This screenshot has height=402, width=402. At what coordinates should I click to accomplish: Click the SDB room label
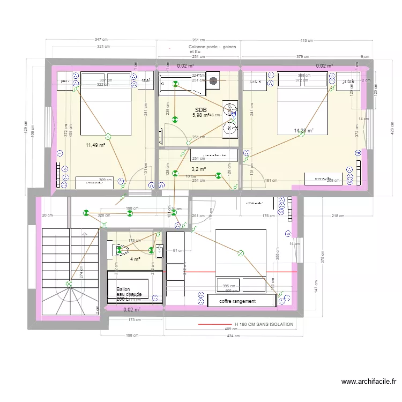point(200,110)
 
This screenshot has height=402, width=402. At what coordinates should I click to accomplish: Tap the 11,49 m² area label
point(95,145)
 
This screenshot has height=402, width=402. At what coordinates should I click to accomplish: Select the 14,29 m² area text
point(303,130)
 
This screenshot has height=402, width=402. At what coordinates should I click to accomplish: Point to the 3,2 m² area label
point(199,169)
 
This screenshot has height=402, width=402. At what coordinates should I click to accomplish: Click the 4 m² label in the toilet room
point(135,259)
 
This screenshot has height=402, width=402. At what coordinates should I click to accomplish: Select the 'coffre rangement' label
point(237,301)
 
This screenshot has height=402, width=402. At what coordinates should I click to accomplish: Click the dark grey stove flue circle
point(213,81)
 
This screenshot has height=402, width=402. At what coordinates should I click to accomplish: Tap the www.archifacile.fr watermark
point(369,382)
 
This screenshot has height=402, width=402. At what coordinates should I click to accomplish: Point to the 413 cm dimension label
point(307,40)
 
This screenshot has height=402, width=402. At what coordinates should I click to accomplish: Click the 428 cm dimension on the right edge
point(392,131)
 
